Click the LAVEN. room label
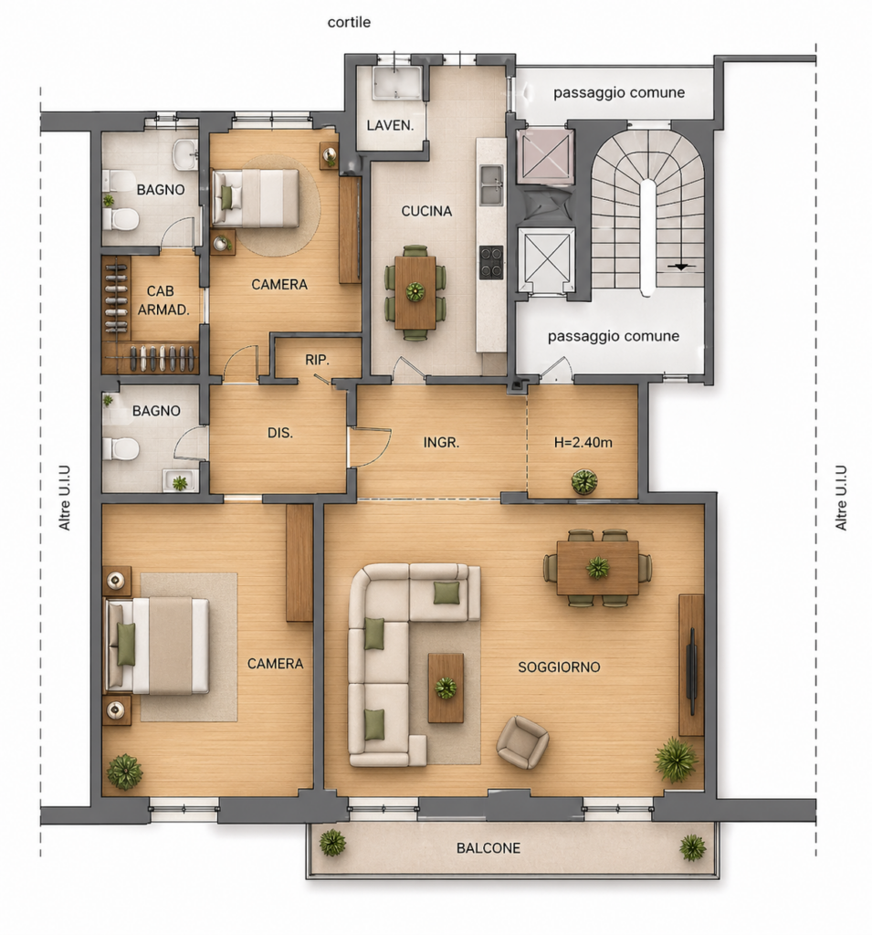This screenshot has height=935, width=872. coord(390,125)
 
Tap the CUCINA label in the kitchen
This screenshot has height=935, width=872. coord(426,211)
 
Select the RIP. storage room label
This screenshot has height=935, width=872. coord(318,360)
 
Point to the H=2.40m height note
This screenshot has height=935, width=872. coord(583,443)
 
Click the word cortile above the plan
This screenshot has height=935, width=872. coord(349,23)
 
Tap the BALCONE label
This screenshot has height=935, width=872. coord(489,848)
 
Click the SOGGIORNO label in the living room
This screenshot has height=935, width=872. coord(559,667)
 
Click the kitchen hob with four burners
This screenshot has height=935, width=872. coord(491,262)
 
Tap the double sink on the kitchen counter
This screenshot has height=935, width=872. coord(491,185)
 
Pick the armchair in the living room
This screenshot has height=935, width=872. coord(522,741)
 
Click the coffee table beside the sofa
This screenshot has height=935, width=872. coord(446,688)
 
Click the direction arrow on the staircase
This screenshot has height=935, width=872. coord(680,267)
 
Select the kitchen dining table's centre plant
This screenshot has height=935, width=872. coord(415,291)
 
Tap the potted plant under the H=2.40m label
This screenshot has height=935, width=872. coord(583,482)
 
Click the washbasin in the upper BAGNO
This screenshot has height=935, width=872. coord(185,155)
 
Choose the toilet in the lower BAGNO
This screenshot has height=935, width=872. coord(121,448)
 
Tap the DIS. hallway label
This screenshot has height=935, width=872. coord(279,433)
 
